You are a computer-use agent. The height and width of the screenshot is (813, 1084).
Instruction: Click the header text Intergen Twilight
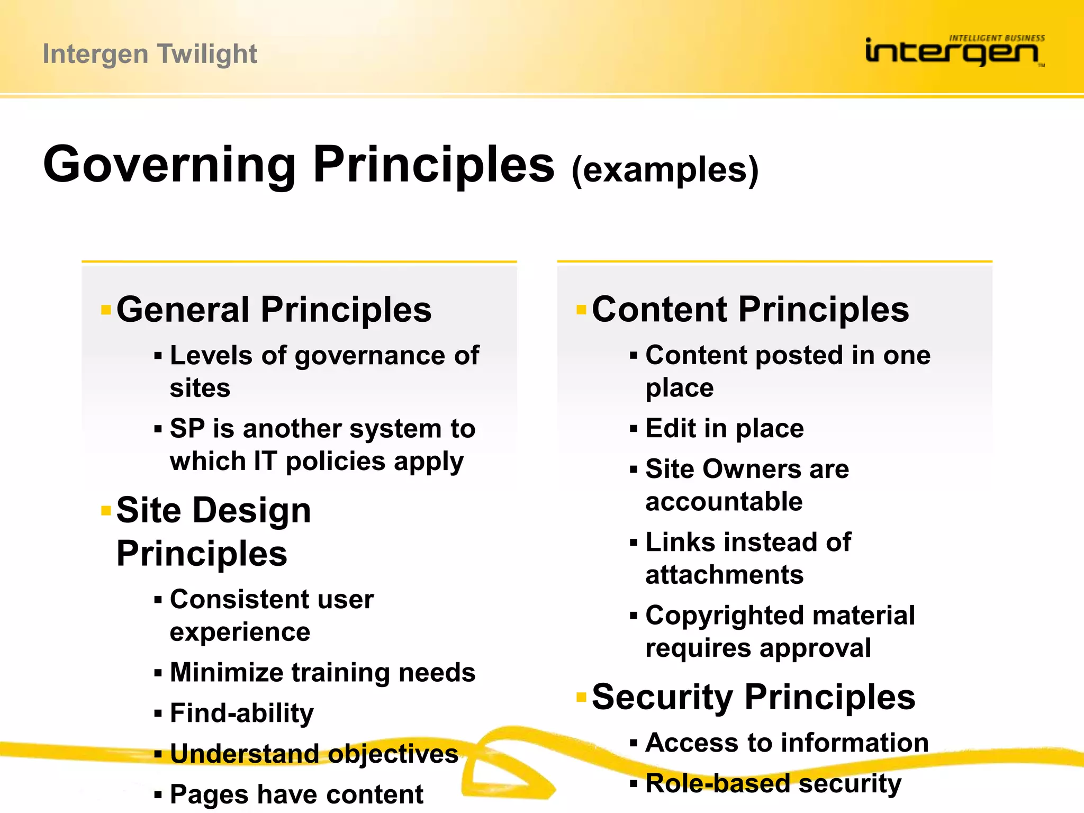150,54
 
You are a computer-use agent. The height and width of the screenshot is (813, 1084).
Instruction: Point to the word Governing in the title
169,165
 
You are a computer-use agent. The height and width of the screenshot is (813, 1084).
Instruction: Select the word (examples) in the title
665,170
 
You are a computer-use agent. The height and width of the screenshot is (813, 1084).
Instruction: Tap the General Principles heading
274,310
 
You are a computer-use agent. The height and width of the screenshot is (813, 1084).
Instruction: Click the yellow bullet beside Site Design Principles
106,511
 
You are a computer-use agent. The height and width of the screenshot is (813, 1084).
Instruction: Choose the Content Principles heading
750,310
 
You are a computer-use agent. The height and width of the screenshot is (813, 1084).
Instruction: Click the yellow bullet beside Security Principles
581,697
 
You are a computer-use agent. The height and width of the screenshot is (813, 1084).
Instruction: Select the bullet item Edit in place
724,428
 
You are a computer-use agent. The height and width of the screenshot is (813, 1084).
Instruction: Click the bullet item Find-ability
241,713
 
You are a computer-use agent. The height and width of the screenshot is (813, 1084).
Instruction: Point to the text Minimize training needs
322,673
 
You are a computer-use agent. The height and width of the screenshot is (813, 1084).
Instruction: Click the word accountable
724,501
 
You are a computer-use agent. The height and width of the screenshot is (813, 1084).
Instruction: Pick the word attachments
724,575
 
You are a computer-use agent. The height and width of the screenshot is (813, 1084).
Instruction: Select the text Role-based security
773,783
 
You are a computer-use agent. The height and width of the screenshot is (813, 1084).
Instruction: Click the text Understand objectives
314,754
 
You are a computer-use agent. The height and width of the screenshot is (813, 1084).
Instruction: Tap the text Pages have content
296,794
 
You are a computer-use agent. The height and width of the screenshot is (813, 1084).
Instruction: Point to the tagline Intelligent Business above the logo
996,38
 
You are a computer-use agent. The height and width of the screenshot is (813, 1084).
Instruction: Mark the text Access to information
787,743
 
